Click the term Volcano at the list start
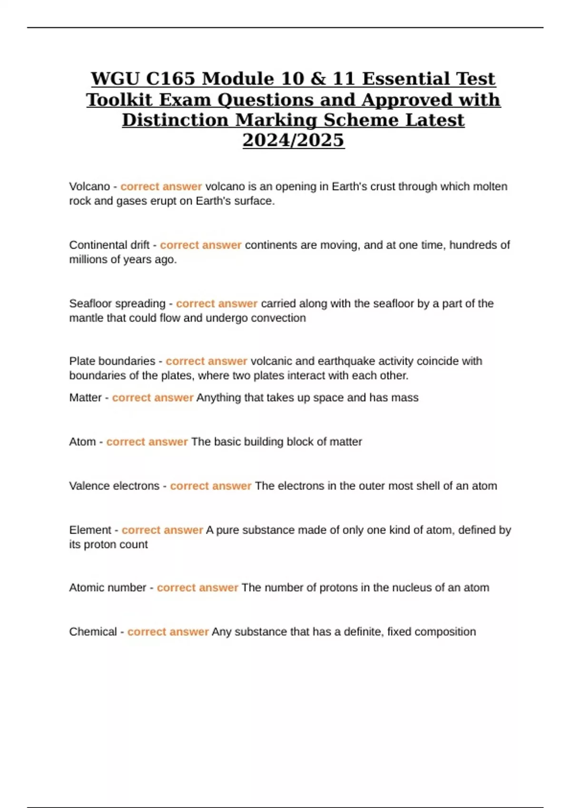pos(89,186)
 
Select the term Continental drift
pos(109,245)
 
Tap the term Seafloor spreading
pos(117,303)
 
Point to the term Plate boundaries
pos(112,361)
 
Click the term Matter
pos(85,397)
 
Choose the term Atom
pos(82,442)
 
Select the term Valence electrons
pos(114,486)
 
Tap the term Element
pos(90,529)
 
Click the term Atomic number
pos(108,587)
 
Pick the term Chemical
pos(93,632)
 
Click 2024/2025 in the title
pos(293,140)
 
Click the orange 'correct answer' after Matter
pos(152,397)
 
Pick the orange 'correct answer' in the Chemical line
pos(168,632)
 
